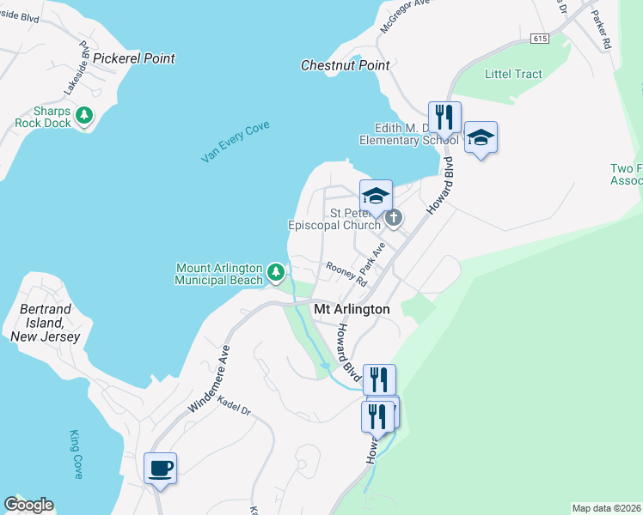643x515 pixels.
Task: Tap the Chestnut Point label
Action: pyautogui.click(x=346, y=65)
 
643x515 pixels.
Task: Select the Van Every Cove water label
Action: pyautogui.click(x=235, y=142)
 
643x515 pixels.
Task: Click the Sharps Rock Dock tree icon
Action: pyautogui.click(x=83, y=115)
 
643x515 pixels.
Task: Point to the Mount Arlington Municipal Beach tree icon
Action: pyautogui.click(x=275, y=273)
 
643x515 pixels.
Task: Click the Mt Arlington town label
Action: pyautogui.click(x=352, y=309)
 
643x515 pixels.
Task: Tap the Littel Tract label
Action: pyautogui.click(x=513, y=74)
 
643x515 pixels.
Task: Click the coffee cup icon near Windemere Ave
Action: pyautogui.click(x=160, y=469)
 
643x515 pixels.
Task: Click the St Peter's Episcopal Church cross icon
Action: pyautogui.click(x=394, y=217)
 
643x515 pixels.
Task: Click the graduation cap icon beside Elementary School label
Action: pyautogui.click(x=481, y=136)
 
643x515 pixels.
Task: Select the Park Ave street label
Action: pyautogui.click(x=371, y=257)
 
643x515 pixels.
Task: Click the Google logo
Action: pyautogui.click(x=28, y=505)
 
